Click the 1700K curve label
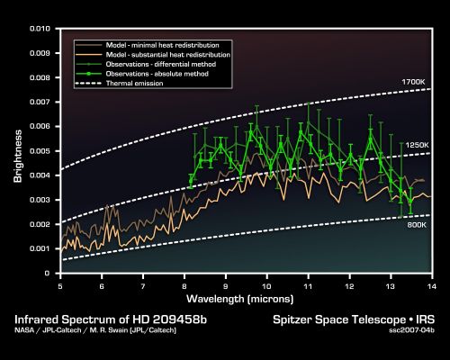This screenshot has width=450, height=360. point(411,82)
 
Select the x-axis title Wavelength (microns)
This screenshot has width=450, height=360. point(246,297)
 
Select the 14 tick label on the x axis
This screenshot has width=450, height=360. point(432,284)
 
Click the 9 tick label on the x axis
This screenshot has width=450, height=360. point(226,284)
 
